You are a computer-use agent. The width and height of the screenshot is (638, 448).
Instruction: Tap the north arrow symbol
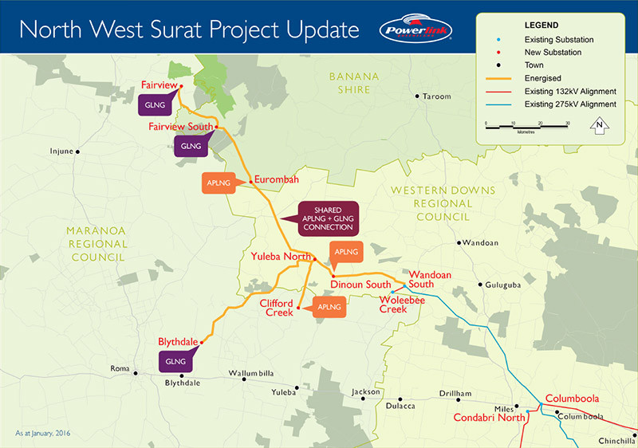[601, 124]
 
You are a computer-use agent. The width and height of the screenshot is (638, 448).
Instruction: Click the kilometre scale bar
[526, 126]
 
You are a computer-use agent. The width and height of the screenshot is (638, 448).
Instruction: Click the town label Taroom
[437, 96]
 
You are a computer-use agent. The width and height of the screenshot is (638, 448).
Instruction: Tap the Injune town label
[61, 151]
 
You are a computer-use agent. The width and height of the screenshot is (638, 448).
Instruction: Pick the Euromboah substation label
[276, 180]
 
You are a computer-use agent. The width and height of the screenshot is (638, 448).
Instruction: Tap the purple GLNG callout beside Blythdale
[174, 361]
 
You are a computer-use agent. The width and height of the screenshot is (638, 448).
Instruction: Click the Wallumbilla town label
[251, 373]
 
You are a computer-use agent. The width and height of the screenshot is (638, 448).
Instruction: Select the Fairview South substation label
[181, 127]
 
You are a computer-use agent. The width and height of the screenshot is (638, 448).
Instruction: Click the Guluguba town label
[507, 284]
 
